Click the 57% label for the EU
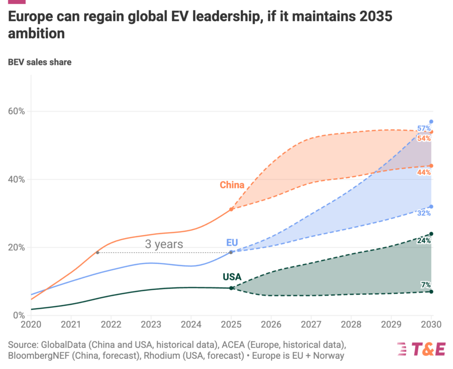click(424, 129)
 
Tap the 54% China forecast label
click(424, 138)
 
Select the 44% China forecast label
click(424, 173)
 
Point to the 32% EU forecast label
click(424, 213)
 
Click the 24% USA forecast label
click(424, 241)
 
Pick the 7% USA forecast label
click(426, 284)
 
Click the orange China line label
click(232, 185)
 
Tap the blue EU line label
click(232, 242)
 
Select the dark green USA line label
click(232, 277)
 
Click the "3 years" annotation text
click(164, 244)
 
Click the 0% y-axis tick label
click(18, 315)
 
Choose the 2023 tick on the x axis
click(150, 325)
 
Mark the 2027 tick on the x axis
click(311, 325)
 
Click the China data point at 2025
click(231, 209)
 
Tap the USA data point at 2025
click(231, 288)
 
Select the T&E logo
click(422, 349)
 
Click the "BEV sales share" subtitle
click(40, 62)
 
